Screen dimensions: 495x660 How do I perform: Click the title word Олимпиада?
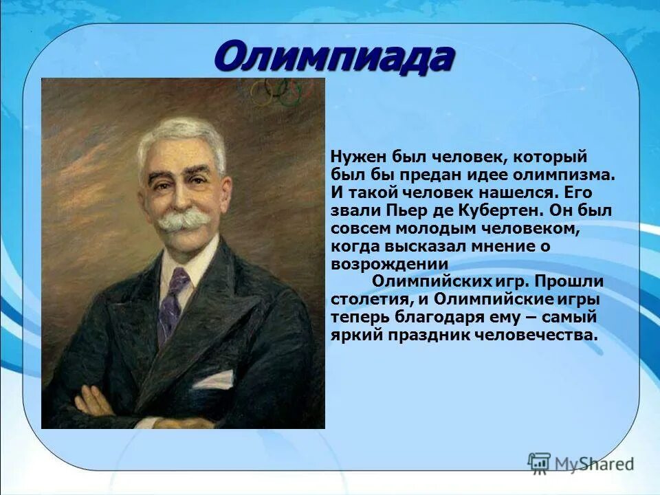pyautogui.click(x=333, y=57)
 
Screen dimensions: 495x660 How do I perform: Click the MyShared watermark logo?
pyautogui.click(x=580, y=463)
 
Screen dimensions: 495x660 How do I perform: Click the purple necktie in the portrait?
pyautogui.click(x=171, y=302)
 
